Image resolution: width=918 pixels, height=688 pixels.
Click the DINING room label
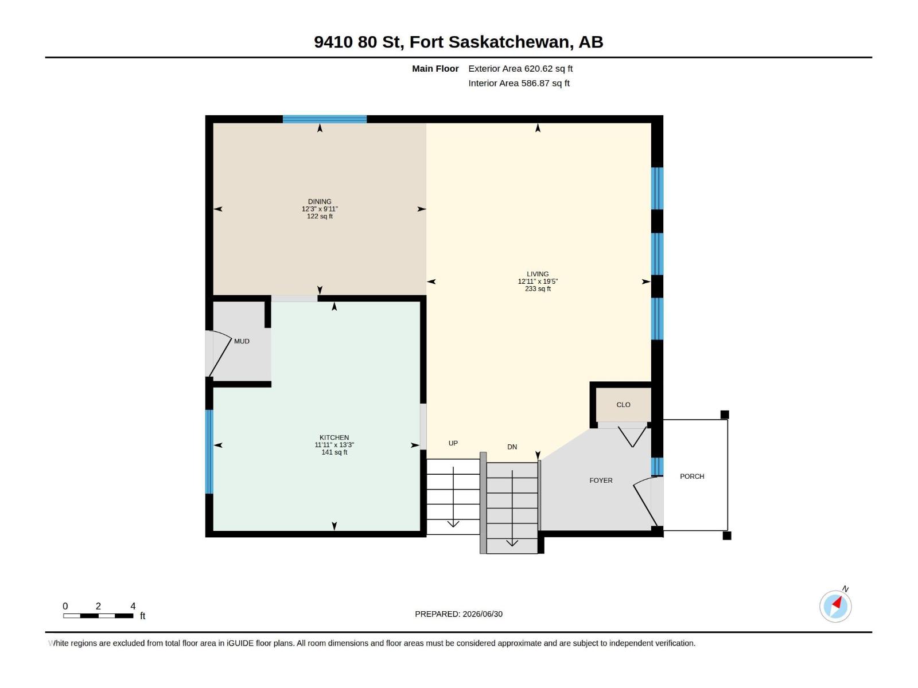(x=320, y=201)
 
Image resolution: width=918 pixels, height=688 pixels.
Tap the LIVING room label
(x=538, y=274)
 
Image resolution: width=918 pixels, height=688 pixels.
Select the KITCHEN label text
(x=334, y=437)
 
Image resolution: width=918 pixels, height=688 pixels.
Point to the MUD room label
(x=242, y=341)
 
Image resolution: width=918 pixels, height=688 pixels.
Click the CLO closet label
(x=623, y=404)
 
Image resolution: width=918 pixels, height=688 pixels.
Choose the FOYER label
(x=601, y=480)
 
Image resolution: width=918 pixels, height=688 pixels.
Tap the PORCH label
(x=692, y=476)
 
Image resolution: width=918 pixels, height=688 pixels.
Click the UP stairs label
(x=453, y=443)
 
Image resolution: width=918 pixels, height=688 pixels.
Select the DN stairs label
(x=512, y=447)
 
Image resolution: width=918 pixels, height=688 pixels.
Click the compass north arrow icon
(x=835, y=606)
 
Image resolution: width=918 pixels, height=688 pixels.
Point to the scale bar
(x=98, y=616)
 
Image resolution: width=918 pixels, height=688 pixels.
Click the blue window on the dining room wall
(x=325, y=119)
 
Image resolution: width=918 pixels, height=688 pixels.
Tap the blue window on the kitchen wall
(x=209, y=452)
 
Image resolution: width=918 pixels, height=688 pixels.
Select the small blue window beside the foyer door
(x=657, y=467)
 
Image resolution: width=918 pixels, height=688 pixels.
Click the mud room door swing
(x=220, y=353)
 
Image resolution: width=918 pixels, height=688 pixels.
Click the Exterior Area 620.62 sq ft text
(x=520, y=68)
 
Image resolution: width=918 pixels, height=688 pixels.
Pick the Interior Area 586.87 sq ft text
(x=519, y=83)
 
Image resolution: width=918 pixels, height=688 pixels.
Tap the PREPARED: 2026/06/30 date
(x=458, y=614)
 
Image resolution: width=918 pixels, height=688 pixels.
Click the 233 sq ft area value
(x=538, y=288)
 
